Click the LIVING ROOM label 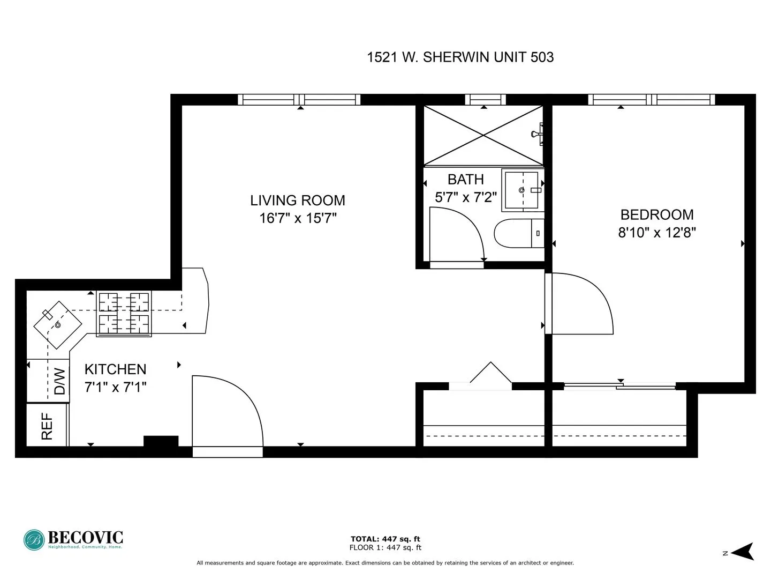click(297, 201)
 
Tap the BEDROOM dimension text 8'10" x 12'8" click(656, 233)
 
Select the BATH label click(465, 179)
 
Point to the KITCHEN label click(115, 369)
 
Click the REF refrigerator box click(47, 425)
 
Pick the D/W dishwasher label click(60, 381)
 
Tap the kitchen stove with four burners click(124, 314)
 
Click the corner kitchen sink click(57, 324)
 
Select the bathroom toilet click(518, 233)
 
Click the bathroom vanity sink click(521, 190)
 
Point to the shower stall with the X click(483, 136)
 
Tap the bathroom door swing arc click(457, 236)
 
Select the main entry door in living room click(227, 413)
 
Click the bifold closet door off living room click(490, 375)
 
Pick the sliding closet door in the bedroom click(619, 385)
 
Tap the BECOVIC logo click(73, 539)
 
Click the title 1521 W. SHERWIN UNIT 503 click(460, 57)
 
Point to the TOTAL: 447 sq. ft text click(385, 539)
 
